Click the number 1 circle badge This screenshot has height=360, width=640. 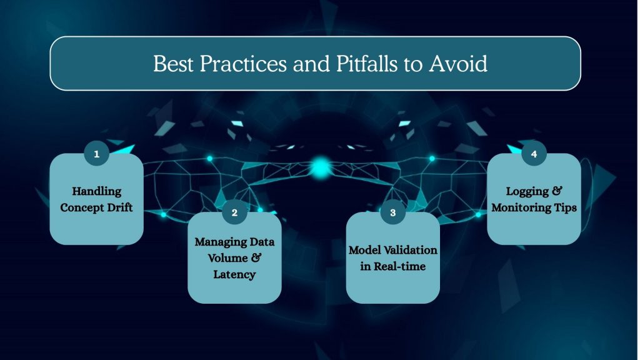[x=96, y=154]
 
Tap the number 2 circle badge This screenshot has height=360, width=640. [x=234, y=212]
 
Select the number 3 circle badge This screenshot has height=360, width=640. [x=392, y=212]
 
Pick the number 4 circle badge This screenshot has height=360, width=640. [x=534, y=154]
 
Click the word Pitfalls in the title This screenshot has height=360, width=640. [x=354, y=64]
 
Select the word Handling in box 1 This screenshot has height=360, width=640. [x=96, y=191]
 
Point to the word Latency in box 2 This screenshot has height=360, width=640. [x=234, y=274]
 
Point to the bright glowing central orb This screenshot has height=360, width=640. [x=321, y=166]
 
